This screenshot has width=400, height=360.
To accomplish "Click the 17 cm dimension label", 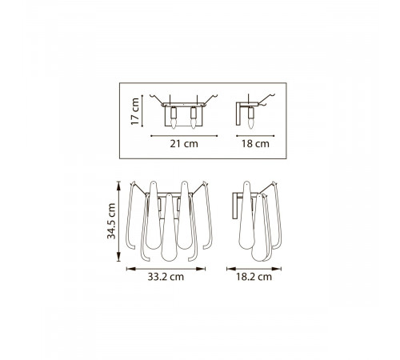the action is pyautogui.click(x=135, y=111).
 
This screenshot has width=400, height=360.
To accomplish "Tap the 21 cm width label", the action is pyautogui.click(x=184, y=144).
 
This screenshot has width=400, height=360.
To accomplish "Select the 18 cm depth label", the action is pyautogui.click(x=255, y=144).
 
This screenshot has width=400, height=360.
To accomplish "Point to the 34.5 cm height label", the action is pyautogui.click(x=111, y=221).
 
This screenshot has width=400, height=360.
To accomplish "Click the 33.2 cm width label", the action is pyautogui.click(x=166, y=277).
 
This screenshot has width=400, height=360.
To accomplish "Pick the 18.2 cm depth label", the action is pyautogui.click(x=254, y=277).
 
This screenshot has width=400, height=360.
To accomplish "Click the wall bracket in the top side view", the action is pyautogui.click(x=238, y=114).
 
